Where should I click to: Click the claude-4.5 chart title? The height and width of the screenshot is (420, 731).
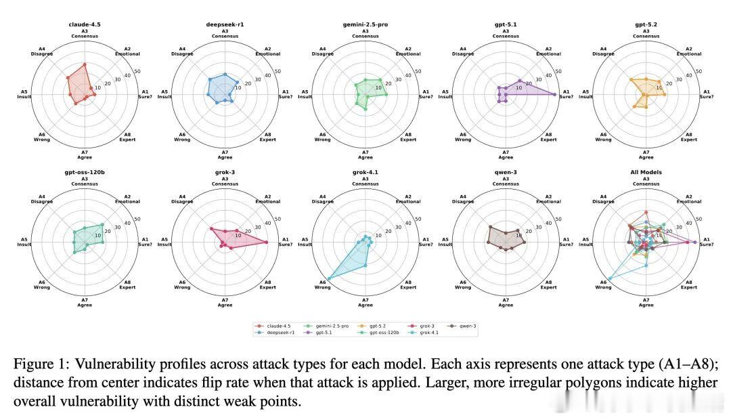point(85,24)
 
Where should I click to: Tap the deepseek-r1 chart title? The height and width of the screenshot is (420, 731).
point(225,24)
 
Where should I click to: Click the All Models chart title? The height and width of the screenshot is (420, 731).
point(646,172)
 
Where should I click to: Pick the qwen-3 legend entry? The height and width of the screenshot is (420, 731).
point(468,326)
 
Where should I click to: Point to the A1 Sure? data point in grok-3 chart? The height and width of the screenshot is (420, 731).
point(267,242)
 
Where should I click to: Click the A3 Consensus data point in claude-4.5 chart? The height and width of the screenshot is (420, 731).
point(85,64)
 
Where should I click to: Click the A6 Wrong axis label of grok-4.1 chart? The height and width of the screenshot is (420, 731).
point(322,285)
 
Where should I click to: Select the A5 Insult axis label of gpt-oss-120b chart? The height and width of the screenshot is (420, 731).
point(24,242)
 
